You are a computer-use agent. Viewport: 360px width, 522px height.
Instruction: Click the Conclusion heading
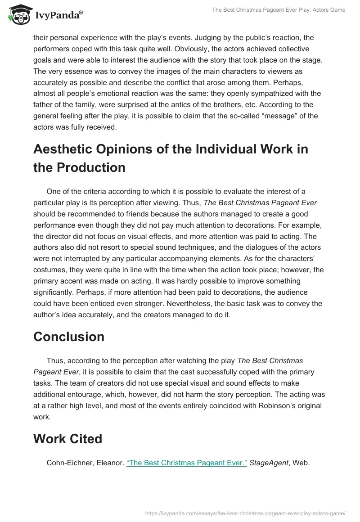(69, 337)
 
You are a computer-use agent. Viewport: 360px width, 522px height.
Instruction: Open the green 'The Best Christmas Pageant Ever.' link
(187, 463)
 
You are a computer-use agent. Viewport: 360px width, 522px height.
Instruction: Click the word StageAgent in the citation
(269, 463)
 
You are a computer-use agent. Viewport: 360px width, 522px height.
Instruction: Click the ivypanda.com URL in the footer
(246, 513)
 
